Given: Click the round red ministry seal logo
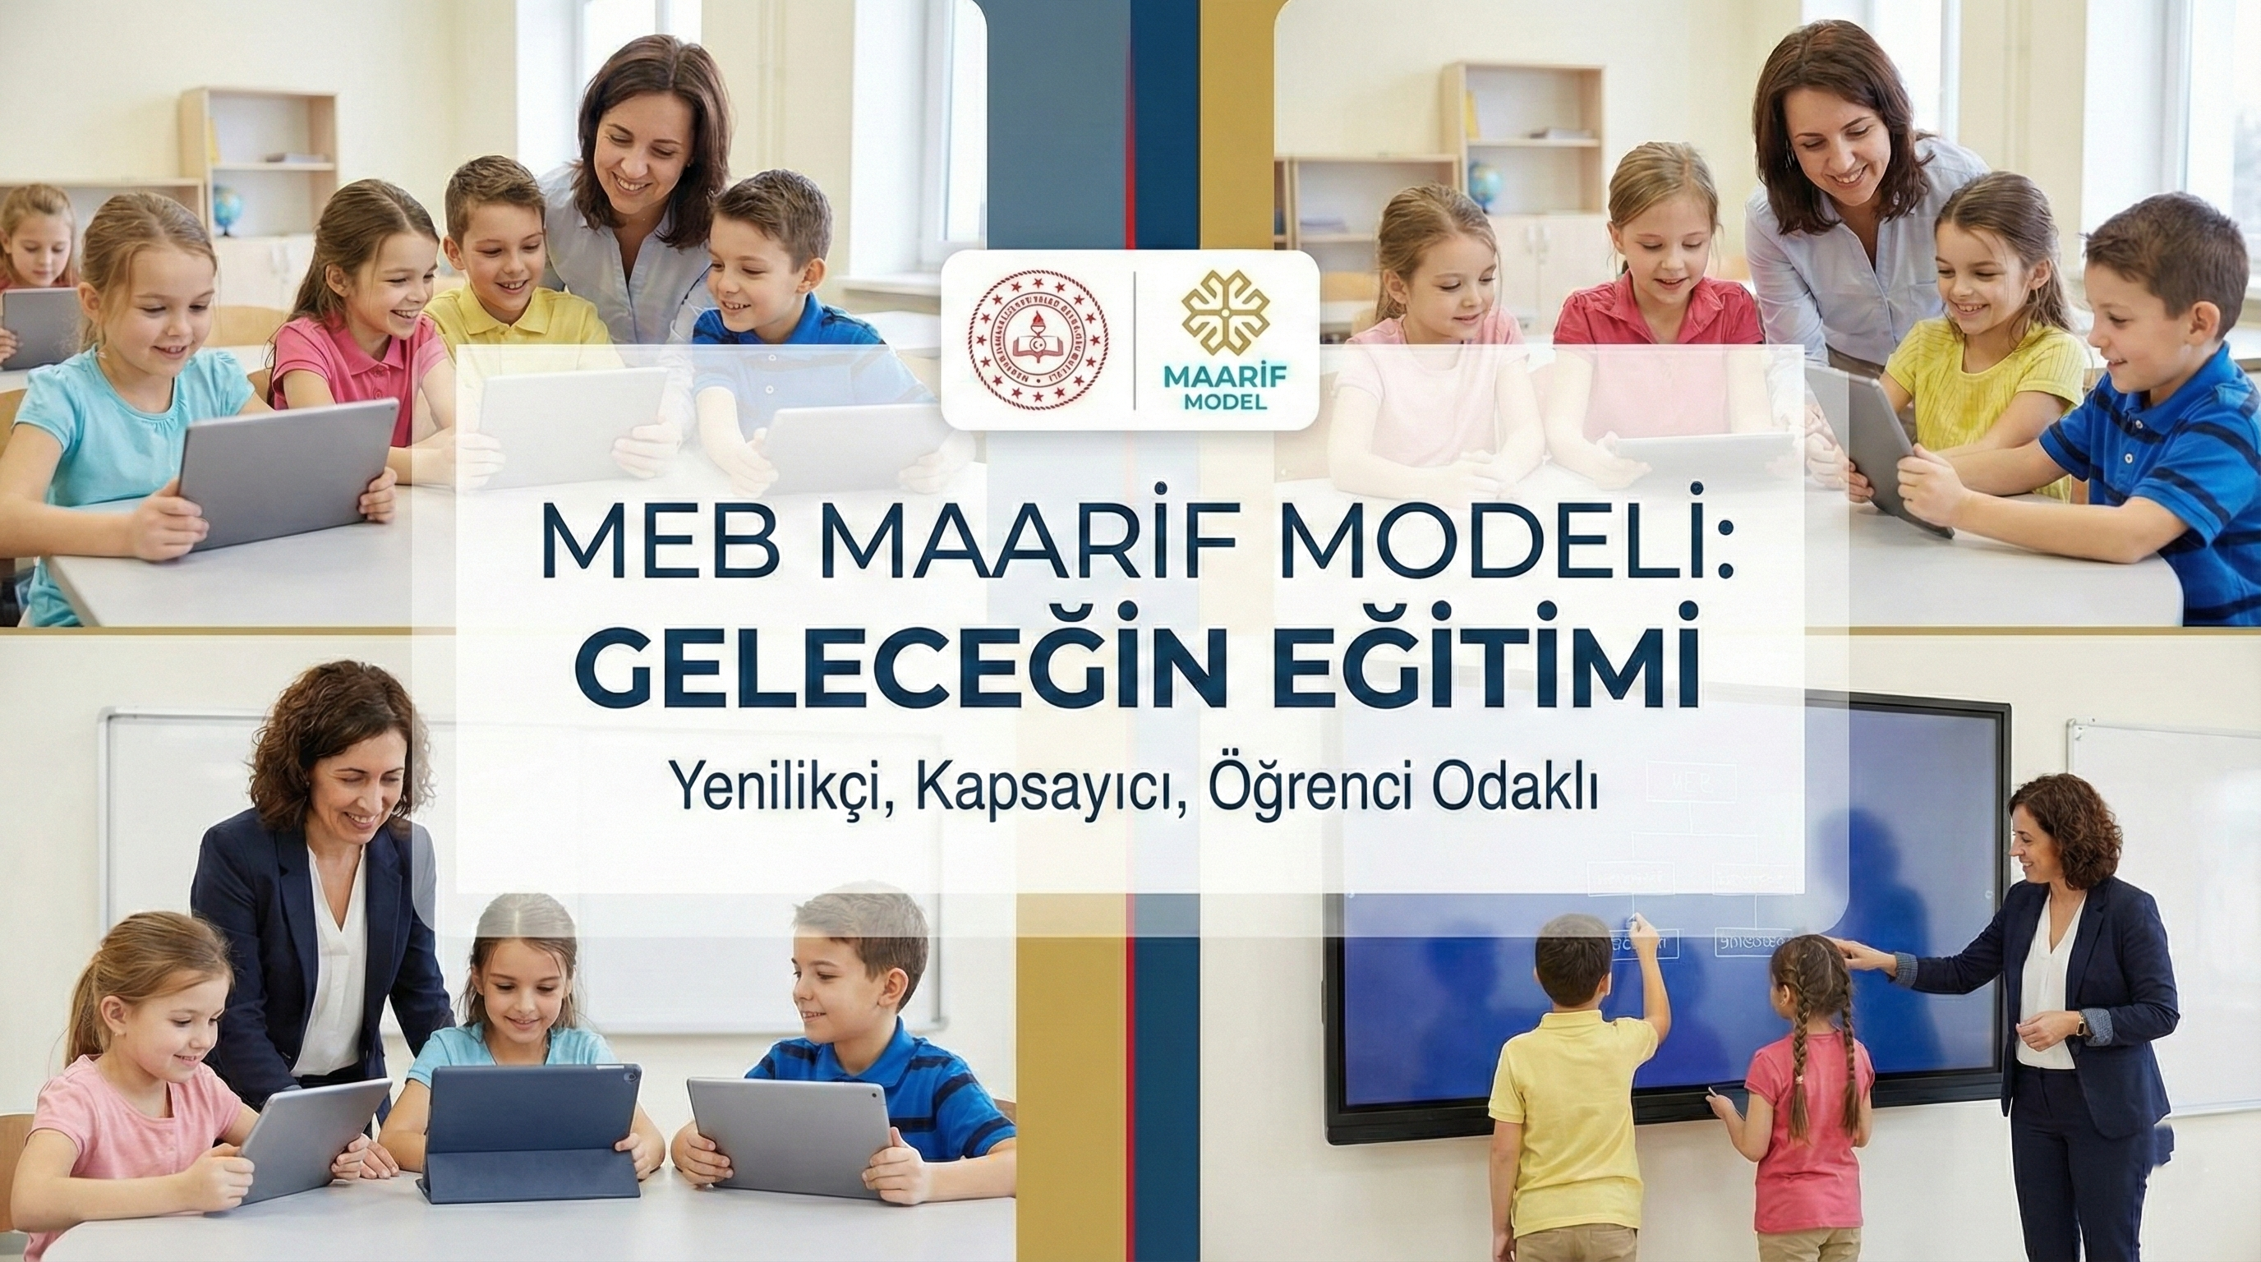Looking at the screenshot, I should point(1038,340).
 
